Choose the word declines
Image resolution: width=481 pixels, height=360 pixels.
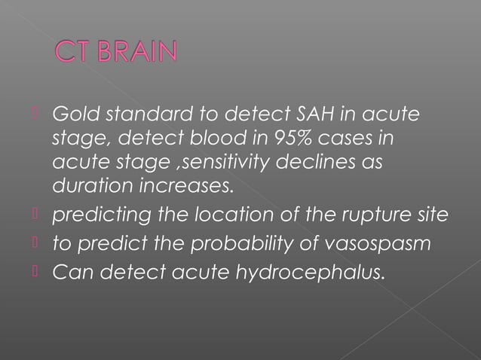pos(324,161)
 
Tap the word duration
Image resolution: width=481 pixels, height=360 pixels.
pos(85,185)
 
